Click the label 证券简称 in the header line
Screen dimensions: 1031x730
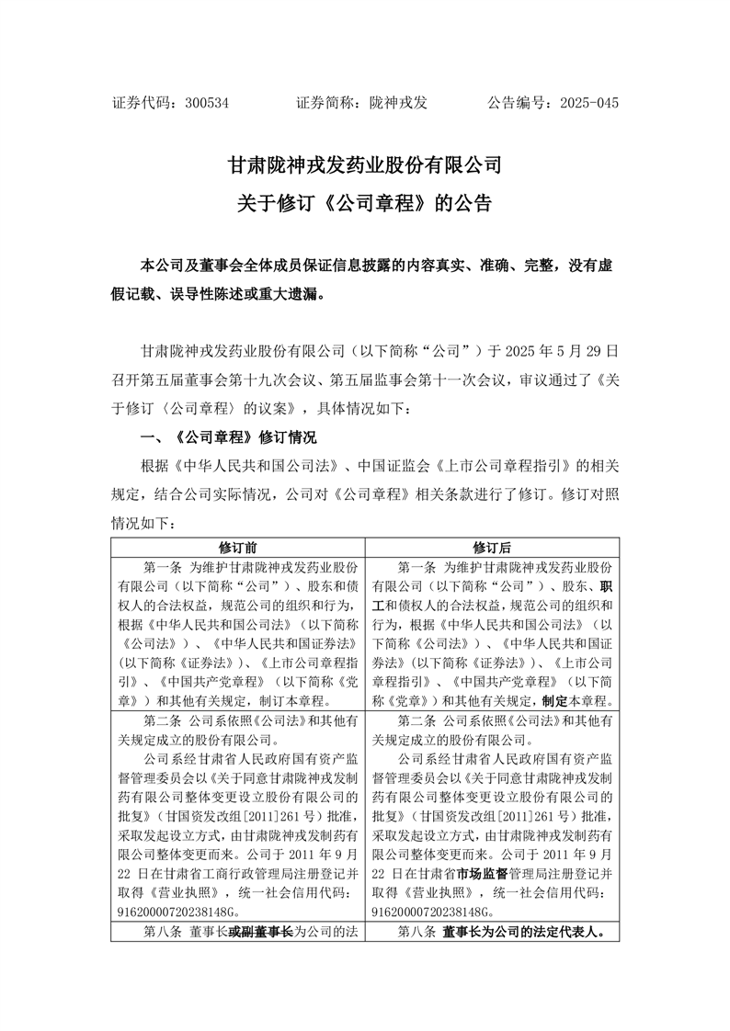(328, 104)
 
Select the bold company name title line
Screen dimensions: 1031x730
(365, 165)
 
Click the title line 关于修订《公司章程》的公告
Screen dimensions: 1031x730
(365, 203)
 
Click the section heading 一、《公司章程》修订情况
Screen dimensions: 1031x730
(226, 436)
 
